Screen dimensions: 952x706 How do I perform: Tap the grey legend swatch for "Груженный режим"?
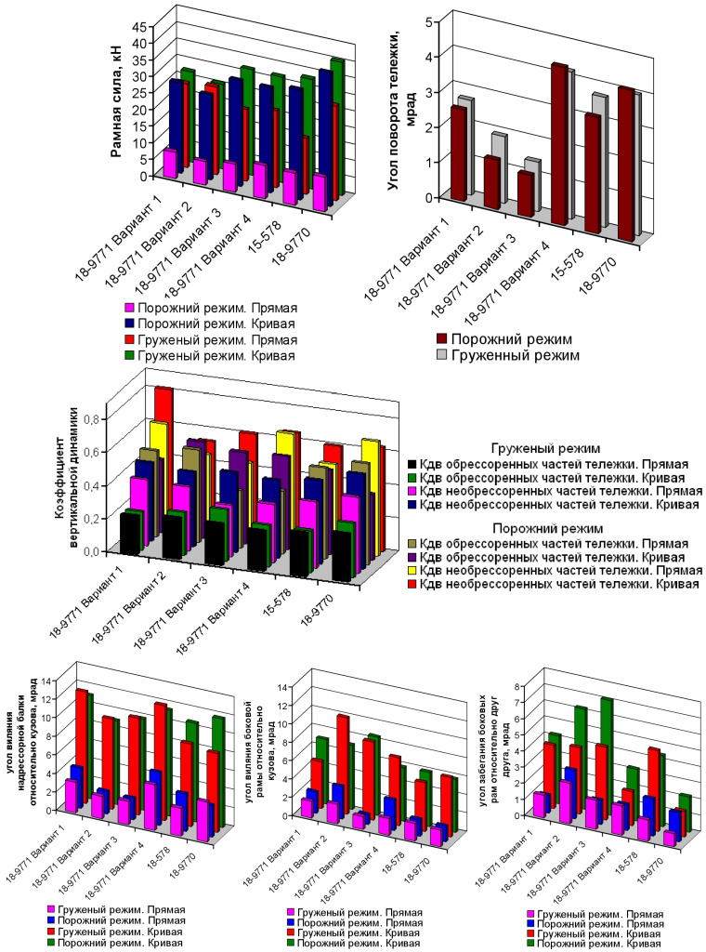click(x=443, y=355)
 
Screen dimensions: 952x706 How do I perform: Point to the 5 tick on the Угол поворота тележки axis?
click(x=428, y=21)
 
